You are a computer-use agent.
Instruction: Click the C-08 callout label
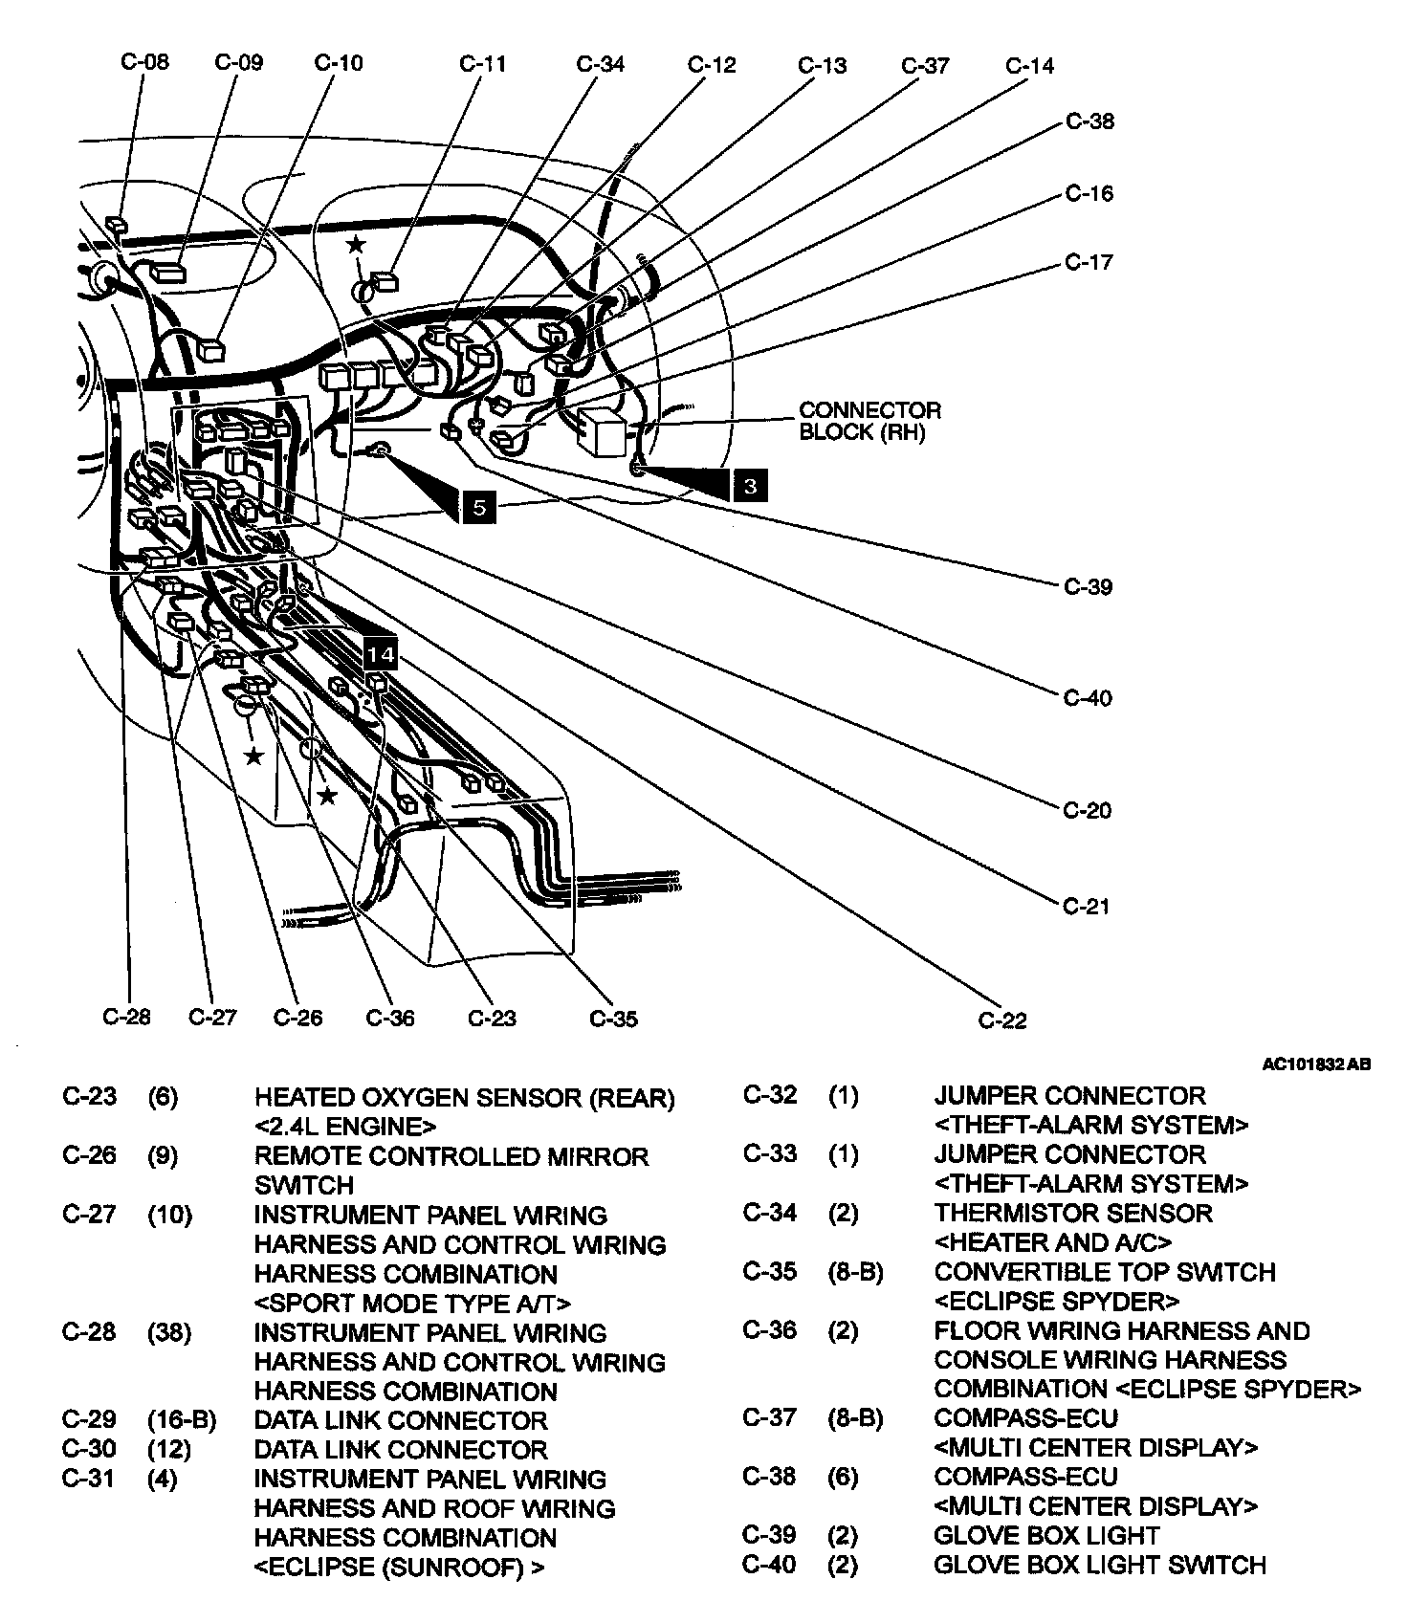144,61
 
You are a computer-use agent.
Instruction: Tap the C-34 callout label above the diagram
600,64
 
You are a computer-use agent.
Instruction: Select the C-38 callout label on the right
1089,121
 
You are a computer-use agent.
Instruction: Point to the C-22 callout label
1002,1020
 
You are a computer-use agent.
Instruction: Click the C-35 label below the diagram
613,1018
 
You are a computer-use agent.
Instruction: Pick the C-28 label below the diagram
126,1016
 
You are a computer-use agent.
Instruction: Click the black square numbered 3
750,486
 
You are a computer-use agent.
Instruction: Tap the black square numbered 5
479,507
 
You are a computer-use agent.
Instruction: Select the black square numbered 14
380,654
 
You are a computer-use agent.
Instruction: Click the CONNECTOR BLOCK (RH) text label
869,421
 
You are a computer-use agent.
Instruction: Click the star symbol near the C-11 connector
356,245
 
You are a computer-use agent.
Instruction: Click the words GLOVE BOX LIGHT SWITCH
1100,1565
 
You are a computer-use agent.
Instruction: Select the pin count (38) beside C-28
169,1331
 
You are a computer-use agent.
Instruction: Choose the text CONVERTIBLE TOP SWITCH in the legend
1105,1272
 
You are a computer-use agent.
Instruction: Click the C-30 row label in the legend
89,1449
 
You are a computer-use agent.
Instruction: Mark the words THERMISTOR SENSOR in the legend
1073,1213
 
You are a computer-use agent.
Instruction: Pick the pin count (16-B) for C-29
182,1419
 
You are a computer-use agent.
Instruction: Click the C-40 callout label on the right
1089,698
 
